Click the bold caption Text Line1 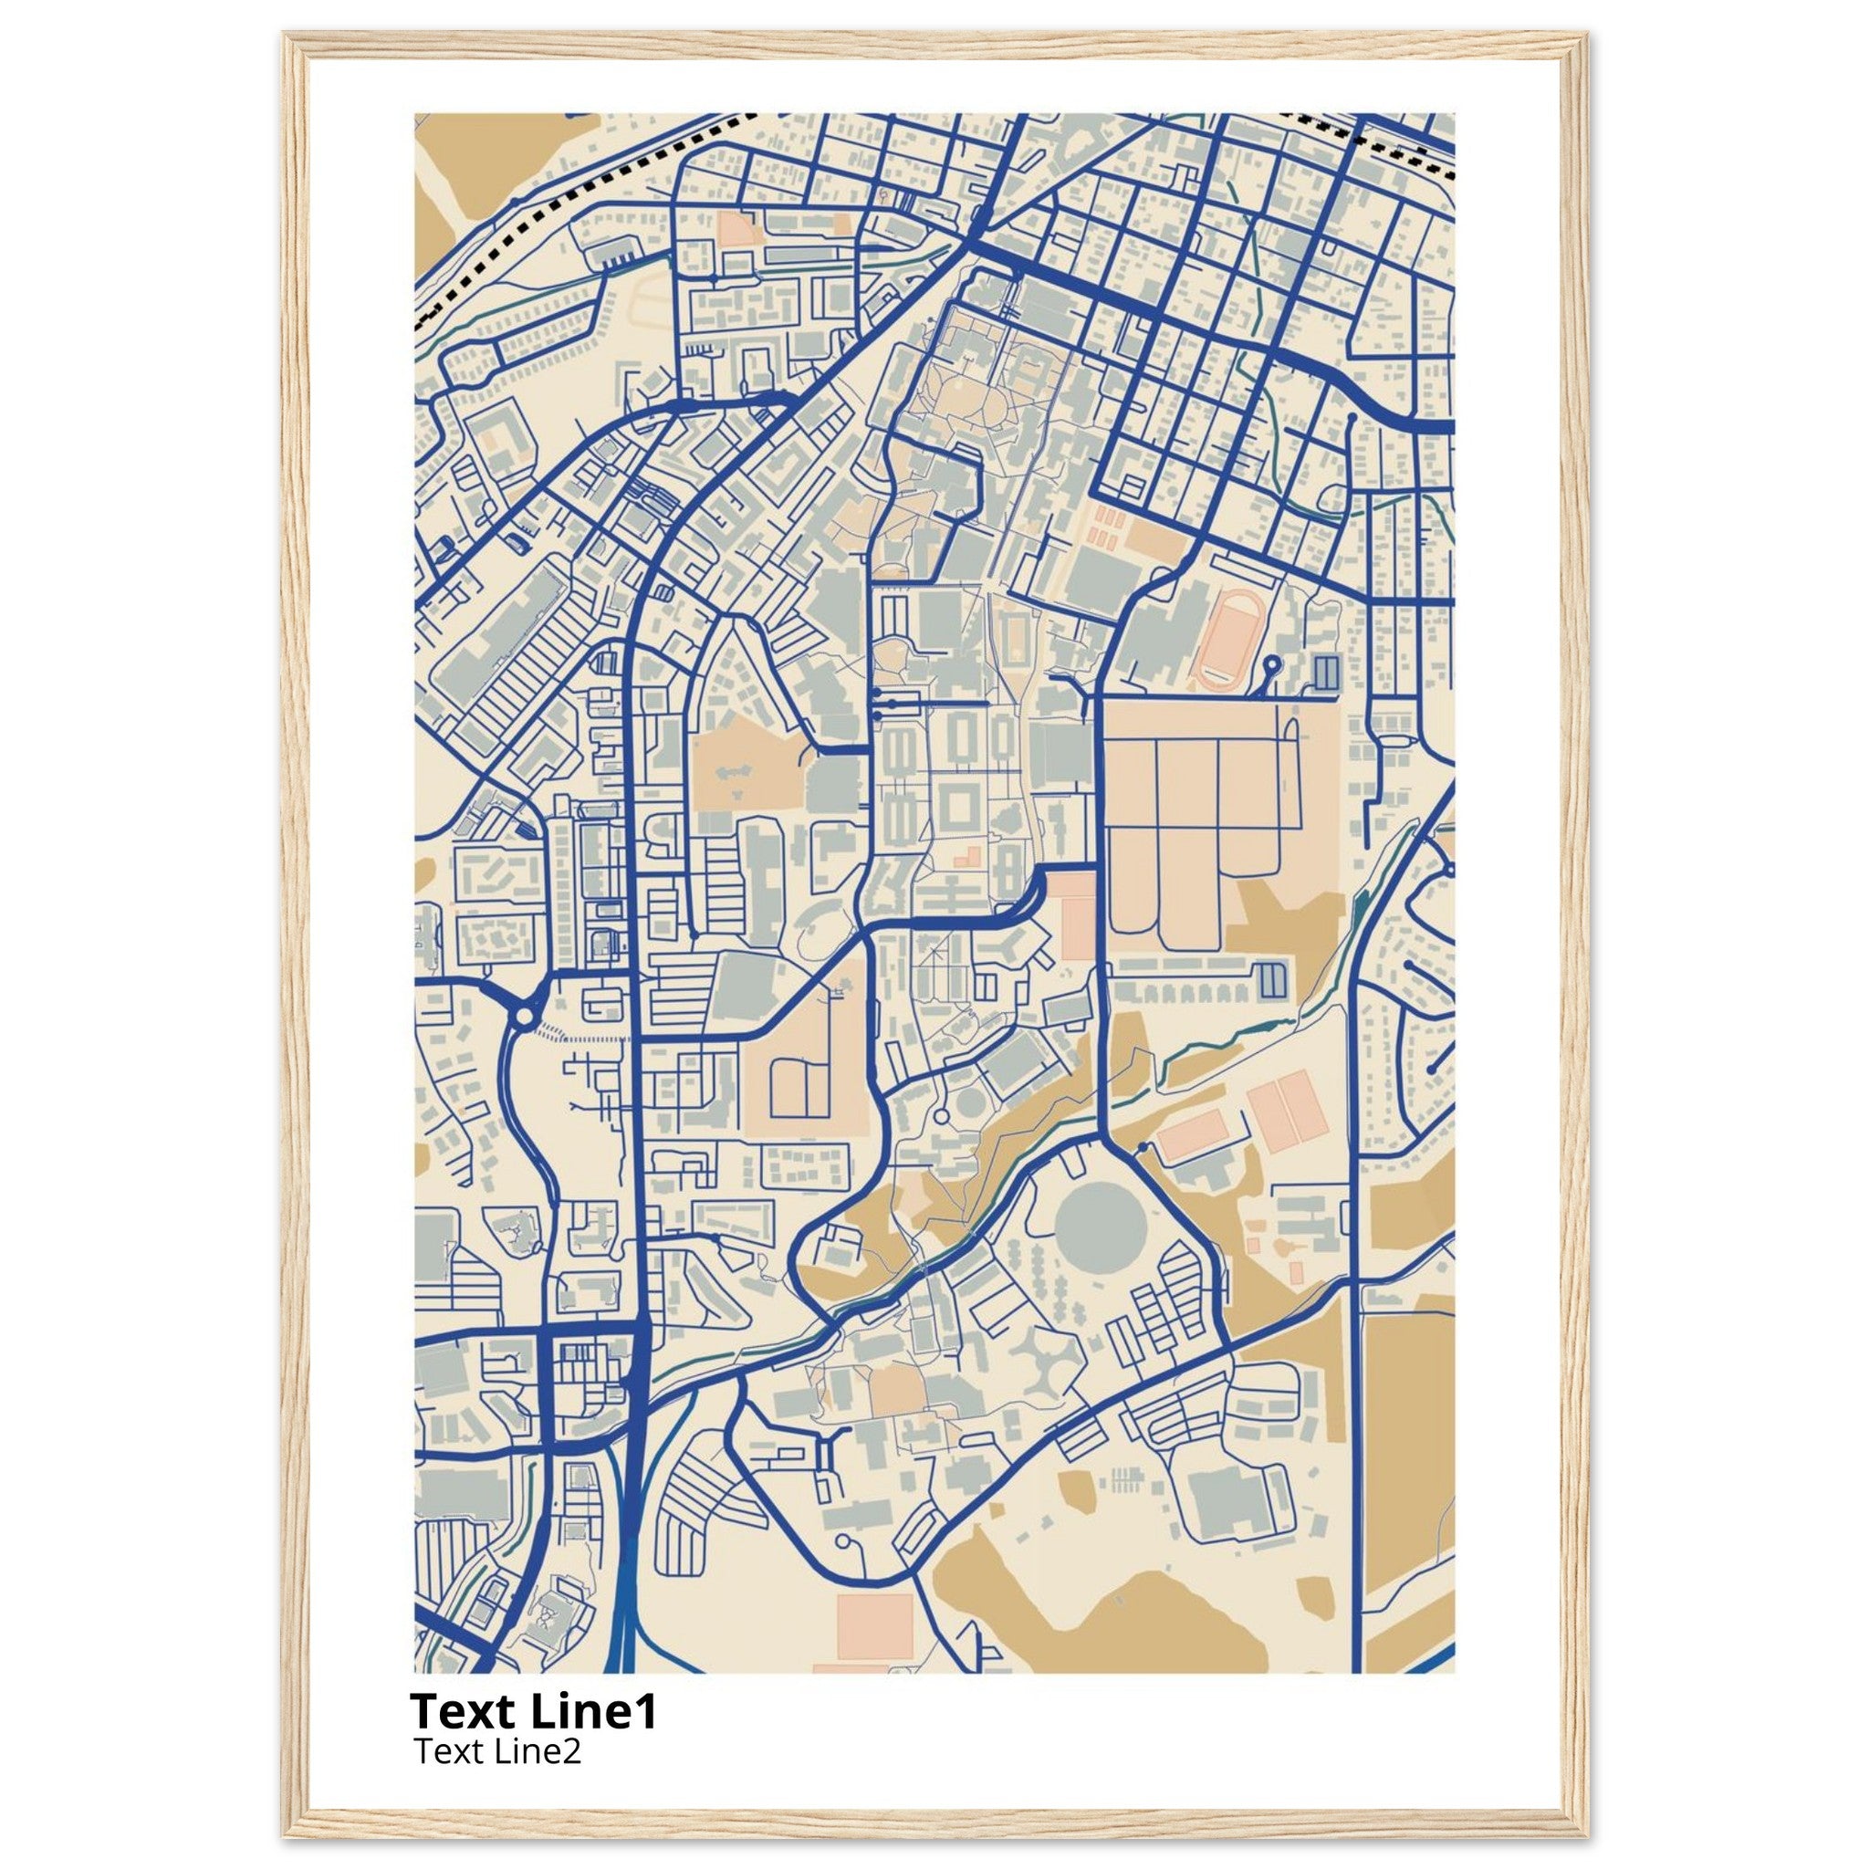point(533,1711)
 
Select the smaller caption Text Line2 point(497,1751)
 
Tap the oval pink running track point(1227,641)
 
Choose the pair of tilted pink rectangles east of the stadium point(1287,1113)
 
